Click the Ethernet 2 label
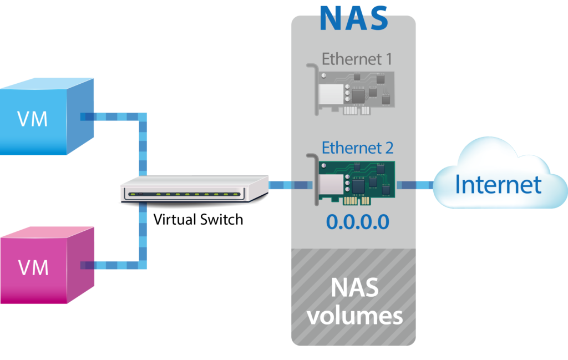click(x=357, y=148)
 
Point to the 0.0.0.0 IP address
click(x=357, y=222)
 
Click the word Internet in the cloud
click(x=498, y=185)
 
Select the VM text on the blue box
click(x=33, y=119)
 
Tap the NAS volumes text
click(x=354, y=301)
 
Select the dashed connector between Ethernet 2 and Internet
click(x=416, y=185)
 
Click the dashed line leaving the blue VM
click(x=114, y=117)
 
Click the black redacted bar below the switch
click(x=194, y=220)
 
